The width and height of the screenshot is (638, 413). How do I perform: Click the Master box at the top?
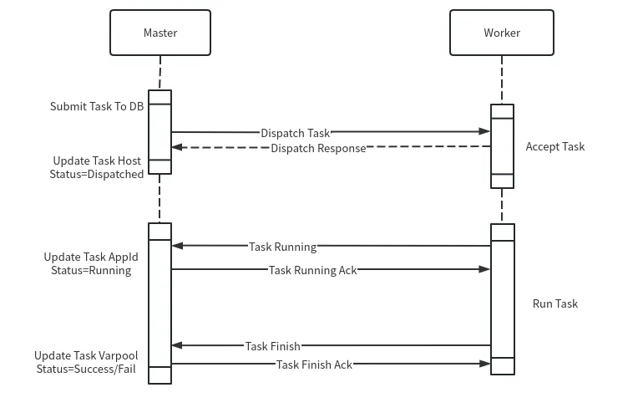coord(159,33)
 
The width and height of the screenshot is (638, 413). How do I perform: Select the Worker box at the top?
coord(501,33)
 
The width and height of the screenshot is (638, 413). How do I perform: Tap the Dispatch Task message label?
coord(296,133)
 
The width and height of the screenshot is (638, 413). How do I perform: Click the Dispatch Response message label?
coord(318,148)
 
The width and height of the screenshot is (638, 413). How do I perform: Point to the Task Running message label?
coord(282,247)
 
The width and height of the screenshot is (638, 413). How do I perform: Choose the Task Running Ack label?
coord(312,270)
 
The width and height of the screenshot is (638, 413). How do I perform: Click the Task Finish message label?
coord(272,346)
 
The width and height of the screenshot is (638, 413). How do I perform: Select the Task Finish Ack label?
coord(314,365)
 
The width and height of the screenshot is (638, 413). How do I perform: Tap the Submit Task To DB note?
coord(97,106)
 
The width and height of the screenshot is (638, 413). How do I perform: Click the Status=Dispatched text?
coord(99,174)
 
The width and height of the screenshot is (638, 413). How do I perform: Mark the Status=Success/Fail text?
coord(87,369)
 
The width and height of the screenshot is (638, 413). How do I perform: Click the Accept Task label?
coord(554,146)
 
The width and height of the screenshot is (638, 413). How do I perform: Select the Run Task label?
coord(554,303)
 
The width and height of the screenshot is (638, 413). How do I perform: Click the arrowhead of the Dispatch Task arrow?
coord(485,131)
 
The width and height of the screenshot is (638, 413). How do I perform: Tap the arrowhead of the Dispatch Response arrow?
coord(176,148)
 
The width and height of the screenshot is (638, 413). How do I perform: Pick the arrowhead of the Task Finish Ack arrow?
coord(485,364)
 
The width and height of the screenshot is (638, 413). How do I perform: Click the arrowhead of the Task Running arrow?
coord(176,246)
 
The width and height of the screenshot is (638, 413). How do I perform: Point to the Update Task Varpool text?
coord(86,355)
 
